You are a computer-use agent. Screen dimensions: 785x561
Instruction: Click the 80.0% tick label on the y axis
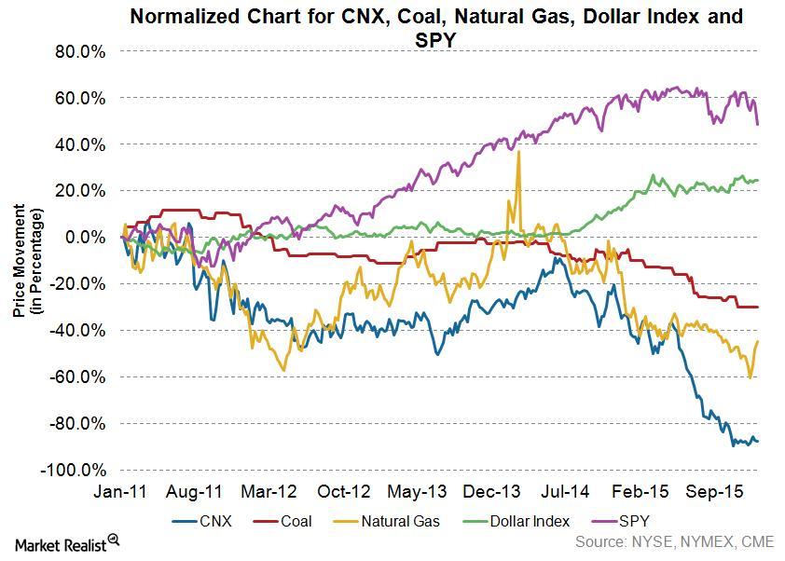click(x=80, y=51)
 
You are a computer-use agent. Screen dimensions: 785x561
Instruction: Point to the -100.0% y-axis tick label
click(x=74, y=471)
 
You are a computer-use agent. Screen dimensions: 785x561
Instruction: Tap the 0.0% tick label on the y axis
click(x=85, y=238)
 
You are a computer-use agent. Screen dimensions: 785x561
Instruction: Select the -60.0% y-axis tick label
click(x=77, y=376)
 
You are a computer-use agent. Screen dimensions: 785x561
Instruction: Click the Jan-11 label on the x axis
click(x=120, y=491)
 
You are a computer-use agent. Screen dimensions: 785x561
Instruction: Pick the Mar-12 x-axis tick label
click(x=269, y=491)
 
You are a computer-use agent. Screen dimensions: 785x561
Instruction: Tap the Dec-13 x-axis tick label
click(x=491, y=491)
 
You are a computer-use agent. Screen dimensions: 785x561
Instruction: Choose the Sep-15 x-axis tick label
click(x=714, y=491)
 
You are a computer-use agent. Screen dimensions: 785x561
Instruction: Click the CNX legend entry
click(x=202, y=522)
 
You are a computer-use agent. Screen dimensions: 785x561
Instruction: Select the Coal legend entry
click(x=282, y=522)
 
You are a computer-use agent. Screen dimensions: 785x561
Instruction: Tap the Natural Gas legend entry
click(x=387, y=522)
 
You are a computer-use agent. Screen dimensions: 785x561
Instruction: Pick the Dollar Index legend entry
click(x=516, y=522)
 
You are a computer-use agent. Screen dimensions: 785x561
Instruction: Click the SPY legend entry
click(x=621, y=522)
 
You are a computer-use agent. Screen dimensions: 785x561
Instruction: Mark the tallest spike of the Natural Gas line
click(x=518, y=151)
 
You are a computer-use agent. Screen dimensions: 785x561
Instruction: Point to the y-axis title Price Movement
click(x=19, y=260)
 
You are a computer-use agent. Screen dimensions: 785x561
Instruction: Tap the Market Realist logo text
click(x=61, y=544)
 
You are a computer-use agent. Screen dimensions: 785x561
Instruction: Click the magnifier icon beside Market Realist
click(x=114, y=540)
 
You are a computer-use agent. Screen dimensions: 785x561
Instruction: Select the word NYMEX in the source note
click(x=706, y=542)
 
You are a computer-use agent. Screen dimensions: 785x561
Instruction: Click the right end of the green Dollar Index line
click(x=758, y=180)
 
